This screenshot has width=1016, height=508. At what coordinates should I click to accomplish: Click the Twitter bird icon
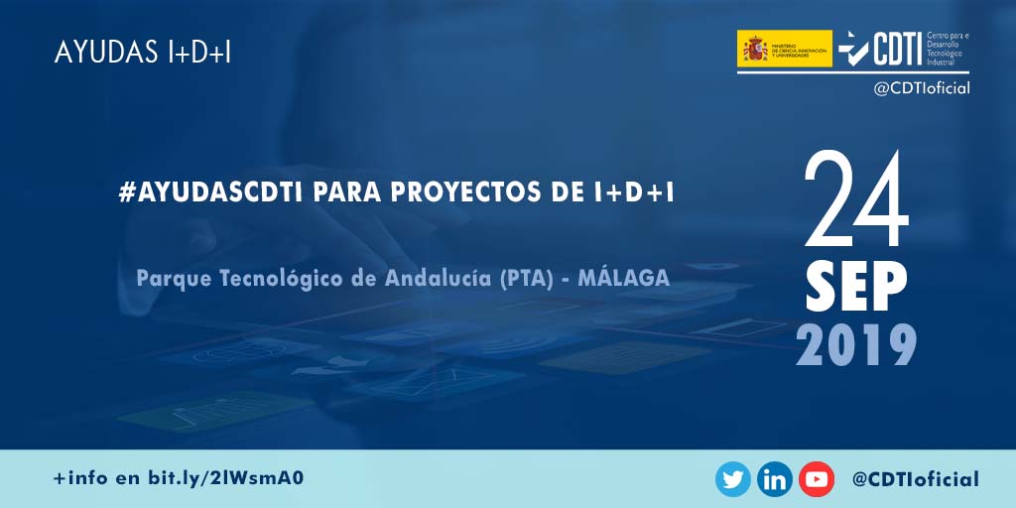pos(733,480)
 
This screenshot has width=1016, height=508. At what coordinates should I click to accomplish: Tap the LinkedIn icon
pos(775,480)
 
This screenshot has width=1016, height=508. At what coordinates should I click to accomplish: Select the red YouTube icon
pos(817,480)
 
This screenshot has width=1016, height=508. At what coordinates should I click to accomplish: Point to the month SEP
pos(855,288)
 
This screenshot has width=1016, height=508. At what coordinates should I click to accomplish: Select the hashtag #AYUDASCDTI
pos(209,192)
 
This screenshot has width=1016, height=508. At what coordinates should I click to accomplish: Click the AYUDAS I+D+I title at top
pos(143,53)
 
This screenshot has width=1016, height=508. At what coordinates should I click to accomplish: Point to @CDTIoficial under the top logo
pos(921,88)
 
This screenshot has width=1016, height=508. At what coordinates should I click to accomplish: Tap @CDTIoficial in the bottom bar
pos(915,480)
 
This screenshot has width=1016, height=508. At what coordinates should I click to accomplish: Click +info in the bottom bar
pos(81,478)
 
